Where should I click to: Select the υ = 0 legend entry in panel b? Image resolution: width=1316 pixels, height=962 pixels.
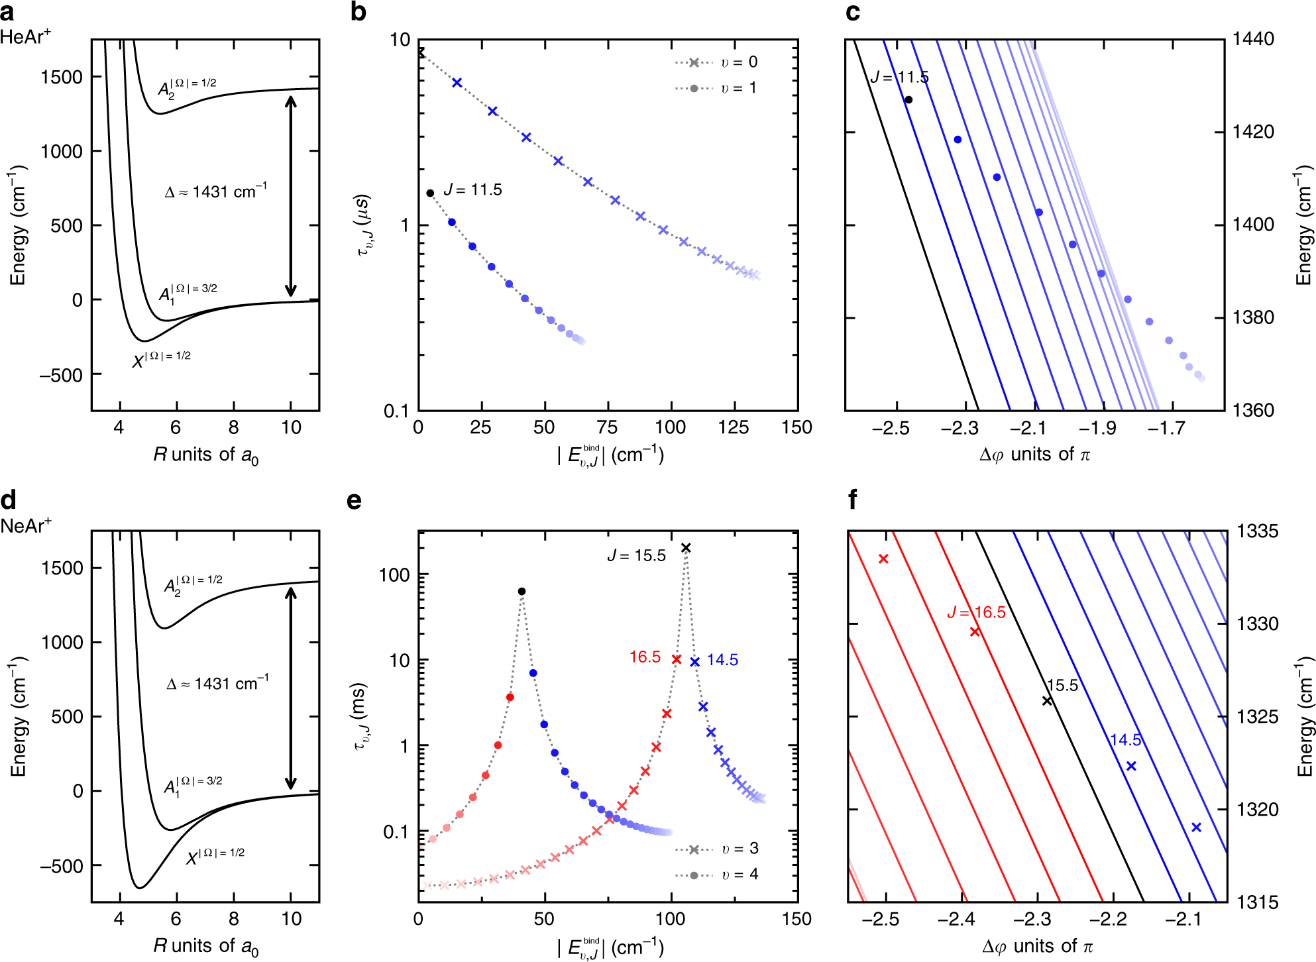pyautogui.click(x=716, y=62)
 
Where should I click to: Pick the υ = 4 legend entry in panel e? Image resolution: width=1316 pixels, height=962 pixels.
pyautogui.click(x=716, y=875)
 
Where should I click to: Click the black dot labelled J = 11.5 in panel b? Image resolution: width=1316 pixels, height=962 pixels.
pyautogui.click(x=430, y=193)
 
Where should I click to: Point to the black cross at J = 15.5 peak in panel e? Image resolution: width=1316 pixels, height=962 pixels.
pyautogui.click(x=686, y=548)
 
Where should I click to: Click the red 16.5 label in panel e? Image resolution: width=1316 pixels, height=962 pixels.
pyautogui.click(x=645, y=657)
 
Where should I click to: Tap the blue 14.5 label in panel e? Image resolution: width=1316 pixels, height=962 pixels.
pyautogui.click(x=722, y=660)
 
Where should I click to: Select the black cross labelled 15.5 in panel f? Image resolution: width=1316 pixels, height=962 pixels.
pyautogui.click(x=1047, y=701)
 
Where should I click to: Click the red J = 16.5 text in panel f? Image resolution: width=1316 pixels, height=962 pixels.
pyautogui.click(x=976, y=612)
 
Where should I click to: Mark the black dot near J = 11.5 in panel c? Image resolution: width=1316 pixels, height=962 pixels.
pyautogui.click(x=908, y=100)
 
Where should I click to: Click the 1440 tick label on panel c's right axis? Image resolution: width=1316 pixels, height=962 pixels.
pyautogui.click(x=1253, y=39)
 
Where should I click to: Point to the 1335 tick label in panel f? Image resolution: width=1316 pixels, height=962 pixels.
pyautogui.click(x=1258, y=531)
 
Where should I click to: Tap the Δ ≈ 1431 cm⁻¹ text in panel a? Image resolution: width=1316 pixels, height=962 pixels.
pyautogui.click(x=216, y=191)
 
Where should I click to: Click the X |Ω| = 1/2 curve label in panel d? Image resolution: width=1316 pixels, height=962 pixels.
pyautogui.click(x=215, y=857)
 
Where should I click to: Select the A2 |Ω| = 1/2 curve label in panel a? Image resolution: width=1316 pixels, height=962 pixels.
pyautogui.click(x=187, y=87)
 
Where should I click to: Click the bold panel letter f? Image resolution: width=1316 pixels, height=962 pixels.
pyautogui.click(x=853, y=500)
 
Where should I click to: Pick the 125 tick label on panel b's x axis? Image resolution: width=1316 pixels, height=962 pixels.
pyautogui.click(x=734, y=427)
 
